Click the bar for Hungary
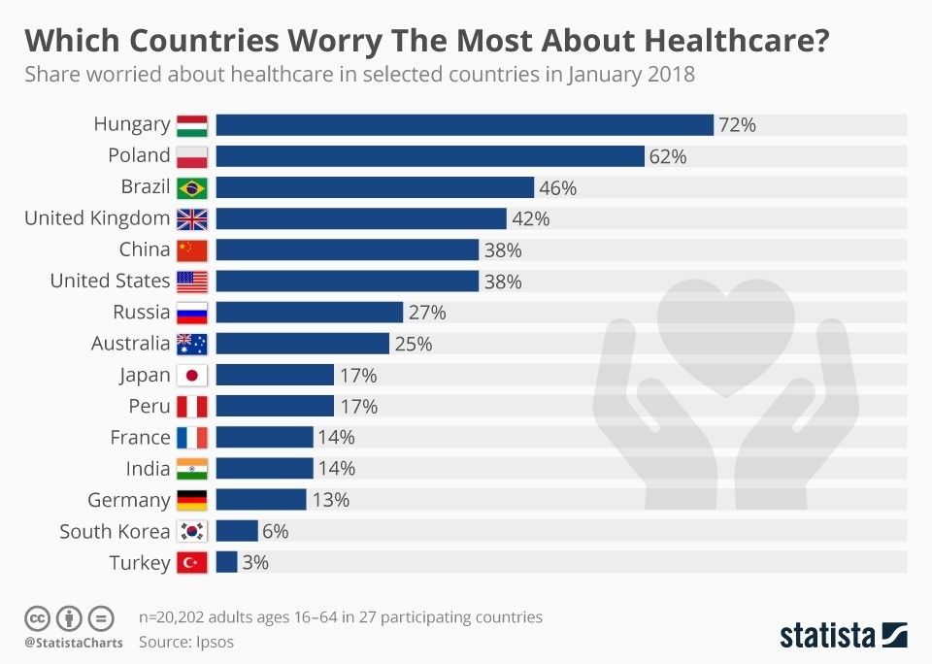tap(464, 124)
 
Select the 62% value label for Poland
tap(667, 156)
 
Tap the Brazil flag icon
tap(192, 187)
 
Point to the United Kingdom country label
tap(97, 218)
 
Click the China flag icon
tap(192, 249)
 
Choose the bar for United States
tap(347, 282)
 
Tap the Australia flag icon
tap(192, 344)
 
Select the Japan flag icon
tap(192, 375)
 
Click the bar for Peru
tap(275, 406)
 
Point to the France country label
tap(140, 438)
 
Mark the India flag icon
tap(192, 469)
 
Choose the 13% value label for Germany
tap(330, 500)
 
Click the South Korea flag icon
tap(192, 531)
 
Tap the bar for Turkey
tap(226, 562)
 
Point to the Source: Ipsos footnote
tap(186, 642)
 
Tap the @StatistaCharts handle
tap(74, 643)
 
